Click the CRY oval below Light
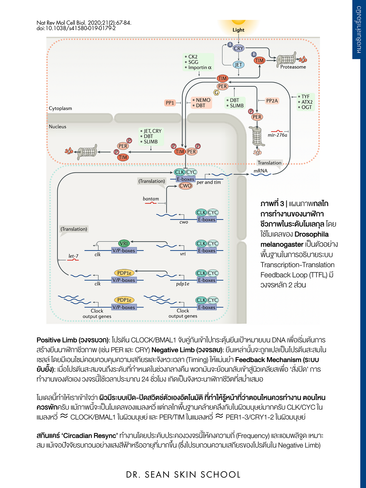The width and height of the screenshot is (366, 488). [238, 48]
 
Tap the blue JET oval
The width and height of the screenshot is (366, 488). [238, 65]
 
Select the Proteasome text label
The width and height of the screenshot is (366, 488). [293, 67]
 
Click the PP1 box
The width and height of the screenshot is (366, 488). [170, 103]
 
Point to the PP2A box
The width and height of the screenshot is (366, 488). [272, 101]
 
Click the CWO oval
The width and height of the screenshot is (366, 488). [185, 186]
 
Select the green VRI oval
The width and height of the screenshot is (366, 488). [124, 243]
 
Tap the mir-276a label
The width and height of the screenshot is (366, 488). [277, 135]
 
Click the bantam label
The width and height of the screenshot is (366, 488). [151, 199]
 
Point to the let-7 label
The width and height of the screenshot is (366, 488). [73, 256]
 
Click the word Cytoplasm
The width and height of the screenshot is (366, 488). [60, 108]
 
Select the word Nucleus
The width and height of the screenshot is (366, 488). [58, 127]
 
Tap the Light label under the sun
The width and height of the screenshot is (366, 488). [238, 30]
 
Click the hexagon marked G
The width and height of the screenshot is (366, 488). [216, 92]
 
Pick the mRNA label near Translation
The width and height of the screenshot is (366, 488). [261, 171]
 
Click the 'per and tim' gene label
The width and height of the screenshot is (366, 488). [209, 182]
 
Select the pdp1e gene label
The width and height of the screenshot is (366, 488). [182, 284]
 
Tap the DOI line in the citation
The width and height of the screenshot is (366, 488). [76, 28]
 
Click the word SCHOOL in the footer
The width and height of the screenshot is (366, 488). [221, 474]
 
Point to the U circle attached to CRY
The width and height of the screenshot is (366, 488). [230, 45]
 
